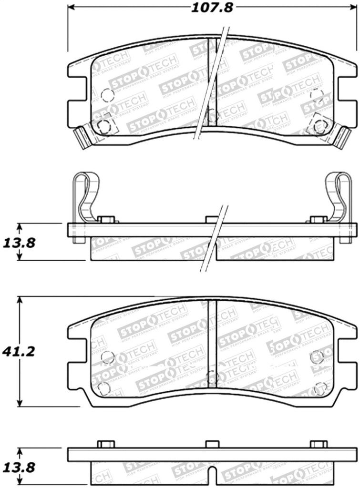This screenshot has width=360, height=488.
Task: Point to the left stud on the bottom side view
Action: pyautogui.click(x=106, y=444)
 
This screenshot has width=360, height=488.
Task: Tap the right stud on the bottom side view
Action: pyautogui.click(x=319, y=444)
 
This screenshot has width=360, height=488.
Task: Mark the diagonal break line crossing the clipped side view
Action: pyautogui.click(x=215, y=238)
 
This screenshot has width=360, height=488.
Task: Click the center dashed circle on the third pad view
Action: pyautogui.click(x=212, y=377)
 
